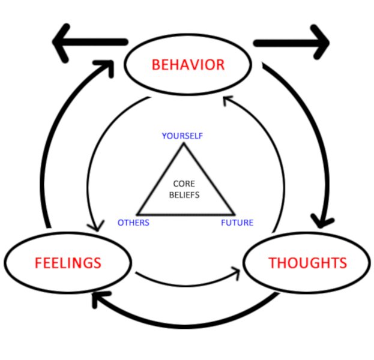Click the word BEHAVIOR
188,65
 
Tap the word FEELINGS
68,263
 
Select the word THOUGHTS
308,263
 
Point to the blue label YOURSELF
182,136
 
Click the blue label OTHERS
133,223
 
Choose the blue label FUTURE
237,223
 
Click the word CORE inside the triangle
184,184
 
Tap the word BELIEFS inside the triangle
184,195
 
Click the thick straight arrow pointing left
89,43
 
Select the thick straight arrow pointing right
292,43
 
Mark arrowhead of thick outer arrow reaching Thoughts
322,222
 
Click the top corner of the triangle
184,143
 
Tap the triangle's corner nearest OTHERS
138,214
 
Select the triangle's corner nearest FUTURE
234,214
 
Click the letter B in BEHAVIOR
156,65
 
